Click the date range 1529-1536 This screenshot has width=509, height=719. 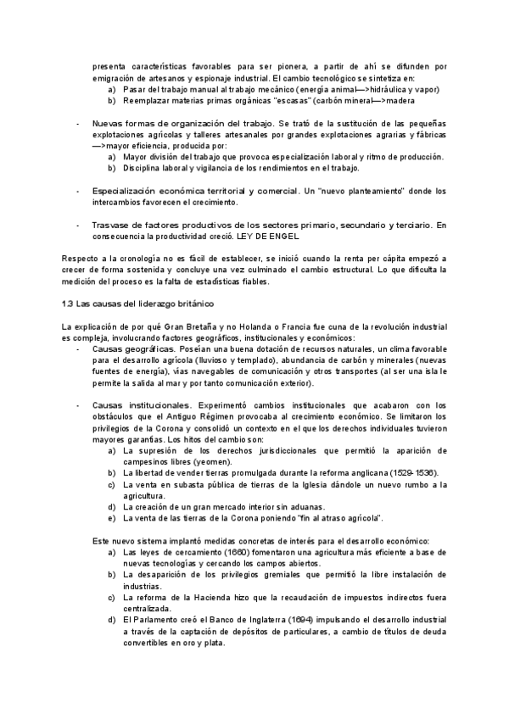point(414,472)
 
